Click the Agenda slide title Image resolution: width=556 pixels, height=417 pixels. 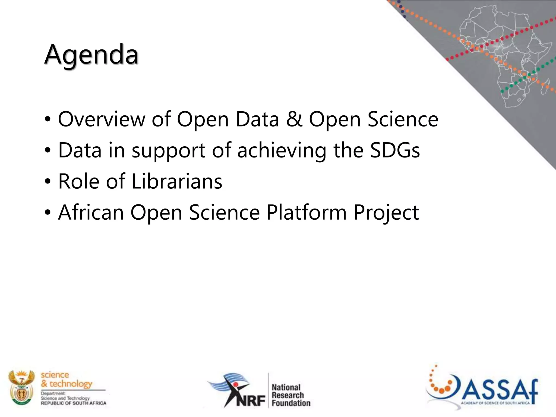[x=91, y=55]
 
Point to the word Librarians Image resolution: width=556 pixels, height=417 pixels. [x=177, y=181]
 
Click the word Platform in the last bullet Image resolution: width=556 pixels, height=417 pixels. [x=307, y=212]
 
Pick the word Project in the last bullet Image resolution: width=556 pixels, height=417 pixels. [x=386, y=212]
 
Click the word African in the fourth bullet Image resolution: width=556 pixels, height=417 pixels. [x=91, y=212]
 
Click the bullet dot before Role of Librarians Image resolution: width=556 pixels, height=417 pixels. [x=48, y=181]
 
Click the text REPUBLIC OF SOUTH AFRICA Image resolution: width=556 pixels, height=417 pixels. [x=73, y=403]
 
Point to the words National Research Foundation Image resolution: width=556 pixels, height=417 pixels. [x=290, y=395]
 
